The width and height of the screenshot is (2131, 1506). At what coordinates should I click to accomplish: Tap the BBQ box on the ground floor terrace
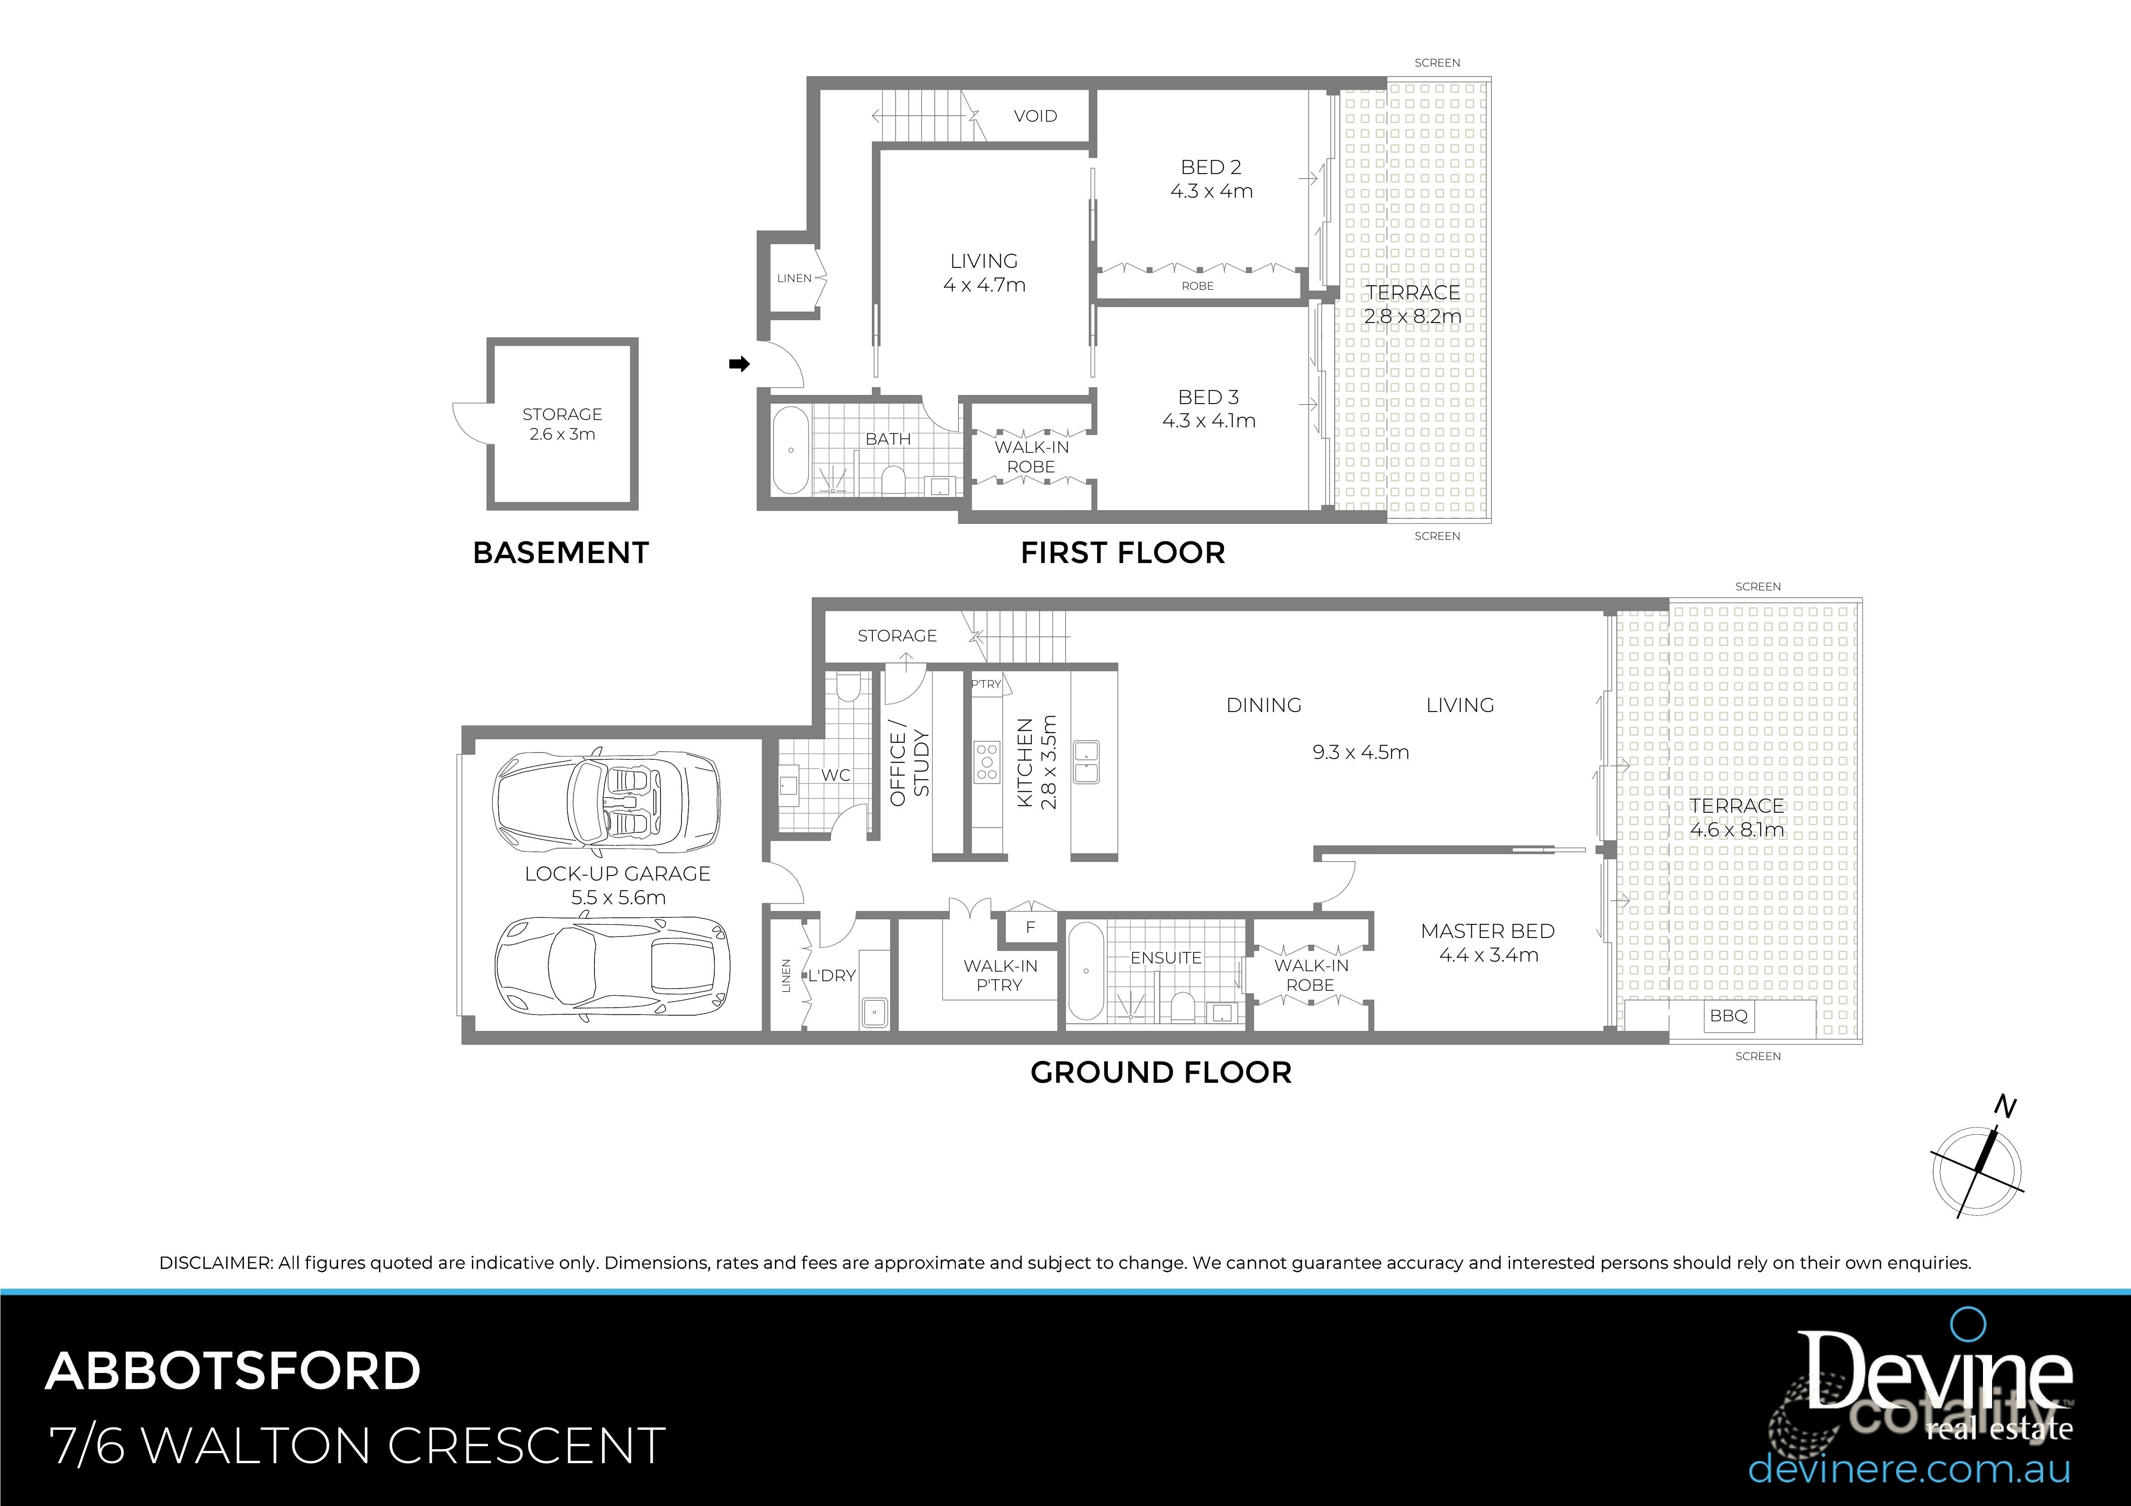[1728, 1016]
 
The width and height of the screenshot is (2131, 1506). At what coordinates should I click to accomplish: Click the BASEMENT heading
[561, 553]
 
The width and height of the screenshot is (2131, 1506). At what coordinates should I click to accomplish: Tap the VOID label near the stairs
[1035, 116]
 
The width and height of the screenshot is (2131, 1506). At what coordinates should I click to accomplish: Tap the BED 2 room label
[1210, 167]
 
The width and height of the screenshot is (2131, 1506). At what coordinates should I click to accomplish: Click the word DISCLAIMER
[216, 1263]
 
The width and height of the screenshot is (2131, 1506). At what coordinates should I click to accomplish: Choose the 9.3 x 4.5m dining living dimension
[1360, 753]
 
